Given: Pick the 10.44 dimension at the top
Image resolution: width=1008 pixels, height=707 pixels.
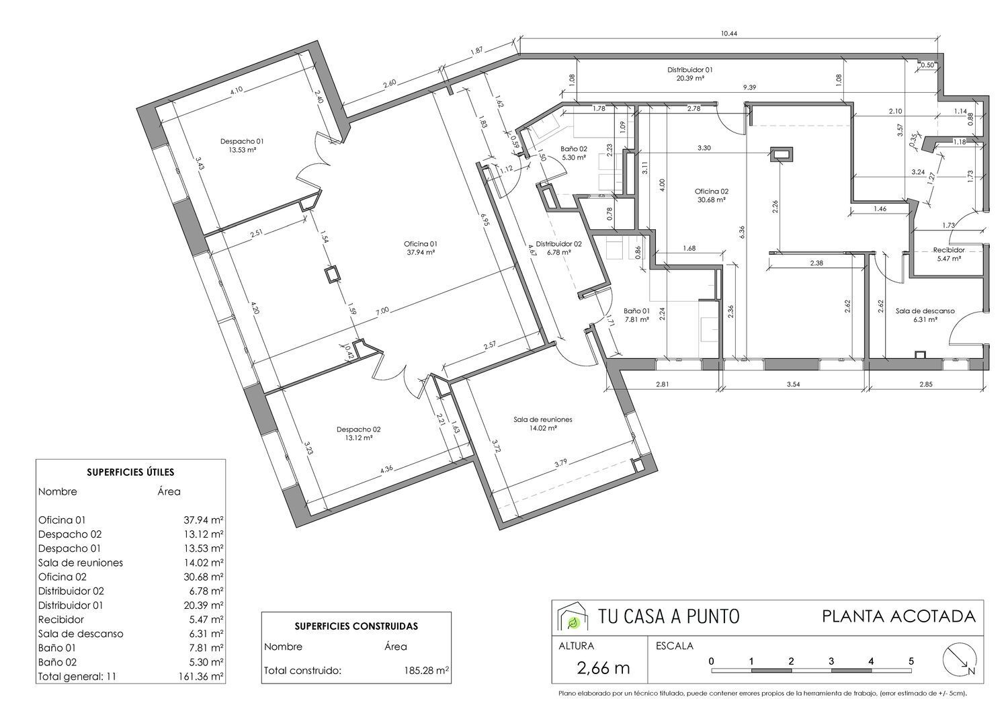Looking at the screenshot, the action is (729, 34).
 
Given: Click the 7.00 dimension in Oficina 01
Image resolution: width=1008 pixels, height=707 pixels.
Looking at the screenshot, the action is (382, 310).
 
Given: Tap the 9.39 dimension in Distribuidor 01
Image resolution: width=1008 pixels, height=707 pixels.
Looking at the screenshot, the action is (750, 87).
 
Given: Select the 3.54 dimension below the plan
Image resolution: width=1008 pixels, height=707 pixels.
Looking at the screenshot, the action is (794, 384).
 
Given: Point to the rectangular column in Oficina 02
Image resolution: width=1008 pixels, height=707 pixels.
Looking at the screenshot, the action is (782, 155).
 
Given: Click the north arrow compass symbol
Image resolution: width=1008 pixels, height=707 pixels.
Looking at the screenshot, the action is (960, 659).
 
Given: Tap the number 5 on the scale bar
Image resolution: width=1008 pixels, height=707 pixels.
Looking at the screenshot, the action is (911, 661).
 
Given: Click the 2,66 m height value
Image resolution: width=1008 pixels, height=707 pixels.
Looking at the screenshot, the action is (603, 668).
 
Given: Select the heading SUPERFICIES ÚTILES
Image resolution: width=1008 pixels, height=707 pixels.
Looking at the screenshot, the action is (130, 472).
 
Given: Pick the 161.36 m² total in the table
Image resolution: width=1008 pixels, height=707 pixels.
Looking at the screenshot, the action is (201, 676).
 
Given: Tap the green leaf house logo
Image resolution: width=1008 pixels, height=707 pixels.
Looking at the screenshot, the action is (573, 616).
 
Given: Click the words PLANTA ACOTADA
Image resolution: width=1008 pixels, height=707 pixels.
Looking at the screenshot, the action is (898, 616).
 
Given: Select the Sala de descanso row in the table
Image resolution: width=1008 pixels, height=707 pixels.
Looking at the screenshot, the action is (130, 633).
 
